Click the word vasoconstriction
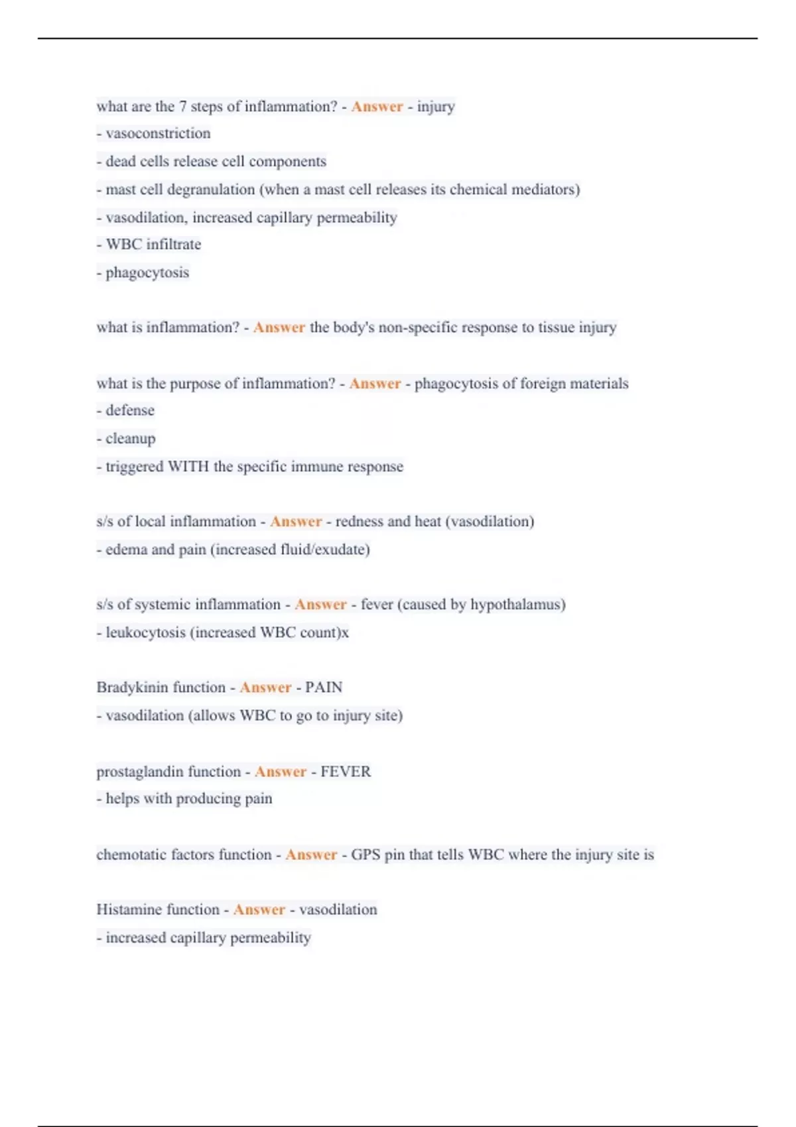click(158, 133)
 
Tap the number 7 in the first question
click(182, 106)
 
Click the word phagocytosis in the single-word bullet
click(147, 272)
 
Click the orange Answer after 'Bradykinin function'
click(265, 687)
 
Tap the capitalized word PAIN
click(324, 687)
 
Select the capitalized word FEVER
click(346, 772)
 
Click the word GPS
click(365, 855)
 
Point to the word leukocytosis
click(145, 632)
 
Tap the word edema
click(126, 550)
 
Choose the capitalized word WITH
click(188, 467)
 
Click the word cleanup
click(131, 439)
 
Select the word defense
click(130, 410)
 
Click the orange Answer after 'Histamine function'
click(259, 910)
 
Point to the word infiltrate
click(173, 245)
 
